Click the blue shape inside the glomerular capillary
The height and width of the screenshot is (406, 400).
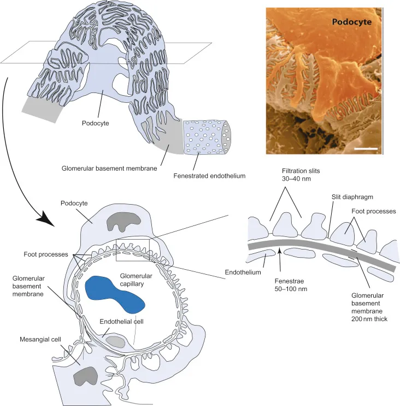(x=115, y=292)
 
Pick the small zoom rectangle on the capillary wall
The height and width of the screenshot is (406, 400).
(x=133, y=247)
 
